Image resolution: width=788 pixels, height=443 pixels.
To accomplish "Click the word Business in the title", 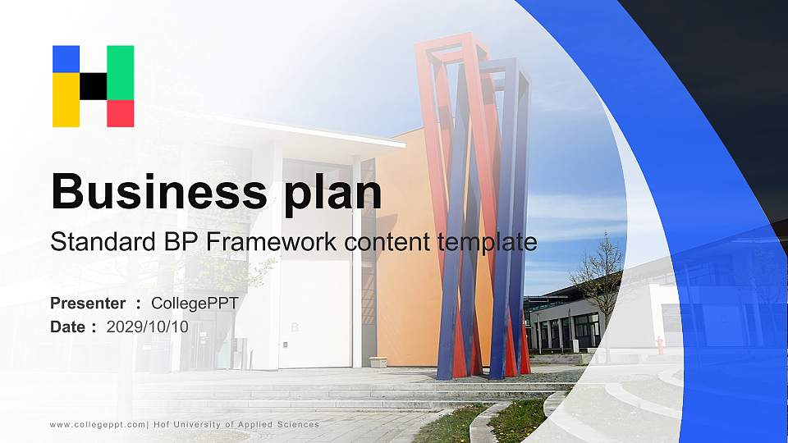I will [x=155, y=191].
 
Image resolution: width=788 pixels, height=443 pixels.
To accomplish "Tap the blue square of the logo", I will [x=66, y=58].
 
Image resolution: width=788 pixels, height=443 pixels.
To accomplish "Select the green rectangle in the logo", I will [x=120, y=72].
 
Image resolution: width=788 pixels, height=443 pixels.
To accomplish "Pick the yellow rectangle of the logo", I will [x=66, y=100].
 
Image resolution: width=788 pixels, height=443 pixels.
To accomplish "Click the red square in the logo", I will [x=120, y=113].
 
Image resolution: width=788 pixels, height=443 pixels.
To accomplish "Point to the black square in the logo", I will [x=93, y=86].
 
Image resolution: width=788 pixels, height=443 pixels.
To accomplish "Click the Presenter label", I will [x=88, y=304].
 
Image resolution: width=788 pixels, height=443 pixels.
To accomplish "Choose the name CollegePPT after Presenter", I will [x=195, y=304].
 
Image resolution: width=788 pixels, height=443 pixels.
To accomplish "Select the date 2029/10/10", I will [x=148, y=327].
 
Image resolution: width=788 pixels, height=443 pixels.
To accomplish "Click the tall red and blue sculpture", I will [x=476, y=205].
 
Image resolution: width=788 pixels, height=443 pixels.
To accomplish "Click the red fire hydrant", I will [x=659, y=345].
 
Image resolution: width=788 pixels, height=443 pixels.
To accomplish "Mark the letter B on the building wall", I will [x=294, y=327].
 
